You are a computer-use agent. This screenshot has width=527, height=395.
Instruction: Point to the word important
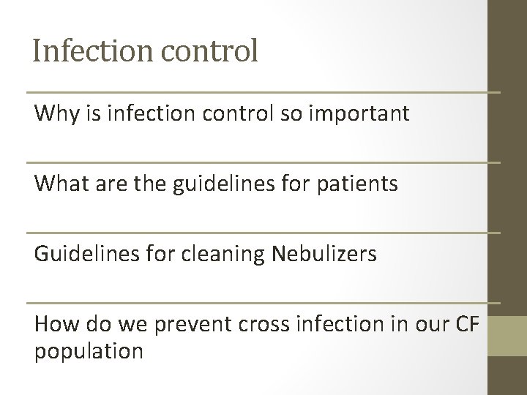(367, 114)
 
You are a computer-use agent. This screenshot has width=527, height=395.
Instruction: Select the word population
(89, 350)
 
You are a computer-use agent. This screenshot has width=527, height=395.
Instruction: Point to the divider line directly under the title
(263, 93)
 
